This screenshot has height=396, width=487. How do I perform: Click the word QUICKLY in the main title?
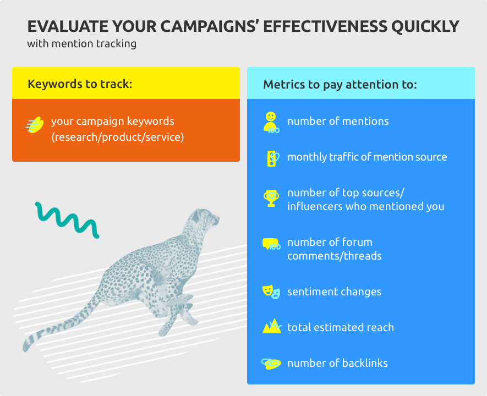click(x=425, y=26)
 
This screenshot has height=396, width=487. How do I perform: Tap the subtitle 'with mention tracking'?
click(x=81, y=44)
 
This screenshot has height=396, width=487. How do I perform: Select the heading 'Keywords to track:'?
click(x=80, y=84)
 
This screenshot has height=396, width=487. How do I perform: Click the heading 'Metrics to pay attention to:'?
click(x=340, y=84)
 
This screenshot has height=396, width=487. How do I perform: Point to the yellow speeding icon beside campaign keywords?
click(x=34, y=125)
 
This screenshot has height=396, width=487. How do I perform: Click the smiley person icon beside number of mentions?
click(x=271, y=123)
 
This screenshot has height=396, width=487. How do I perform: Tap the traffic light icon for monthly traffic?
click(x=273, y=158)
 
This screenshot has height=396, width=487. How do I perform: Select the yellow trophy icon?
click(x=271, y=198)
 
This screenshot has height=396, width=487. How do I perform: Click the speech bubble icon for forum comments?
click(x=271, y=244)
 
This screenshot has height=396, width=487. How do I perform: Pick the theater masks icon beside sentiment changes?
click(x=271, y=292)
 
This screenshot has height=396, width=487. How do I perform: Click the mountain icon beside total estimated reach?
click(x=272, y=326)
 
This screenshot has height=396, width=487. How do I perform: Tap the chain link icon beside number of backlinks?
click(x=271, y=364)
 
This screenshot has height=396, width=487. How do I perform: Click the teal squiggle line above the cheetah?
click(x=67, y=220)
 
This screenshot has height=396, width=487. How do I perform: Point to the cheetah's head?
click(x=204, y=219)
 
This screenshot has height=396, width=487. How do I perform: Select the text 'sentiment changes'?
click(x=334, y=291)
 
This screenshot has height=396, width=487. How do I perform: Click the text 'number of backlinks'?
click(x=337, y=363)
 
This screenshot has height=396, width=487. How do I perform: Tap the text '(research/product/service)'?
click(x=118, y=137)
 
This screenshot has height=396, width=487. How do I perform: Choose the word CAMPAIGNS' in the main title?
click(x=210, y=26)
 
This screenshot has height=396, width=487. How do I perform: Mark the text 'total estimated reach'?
click(x=341, y=327)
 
